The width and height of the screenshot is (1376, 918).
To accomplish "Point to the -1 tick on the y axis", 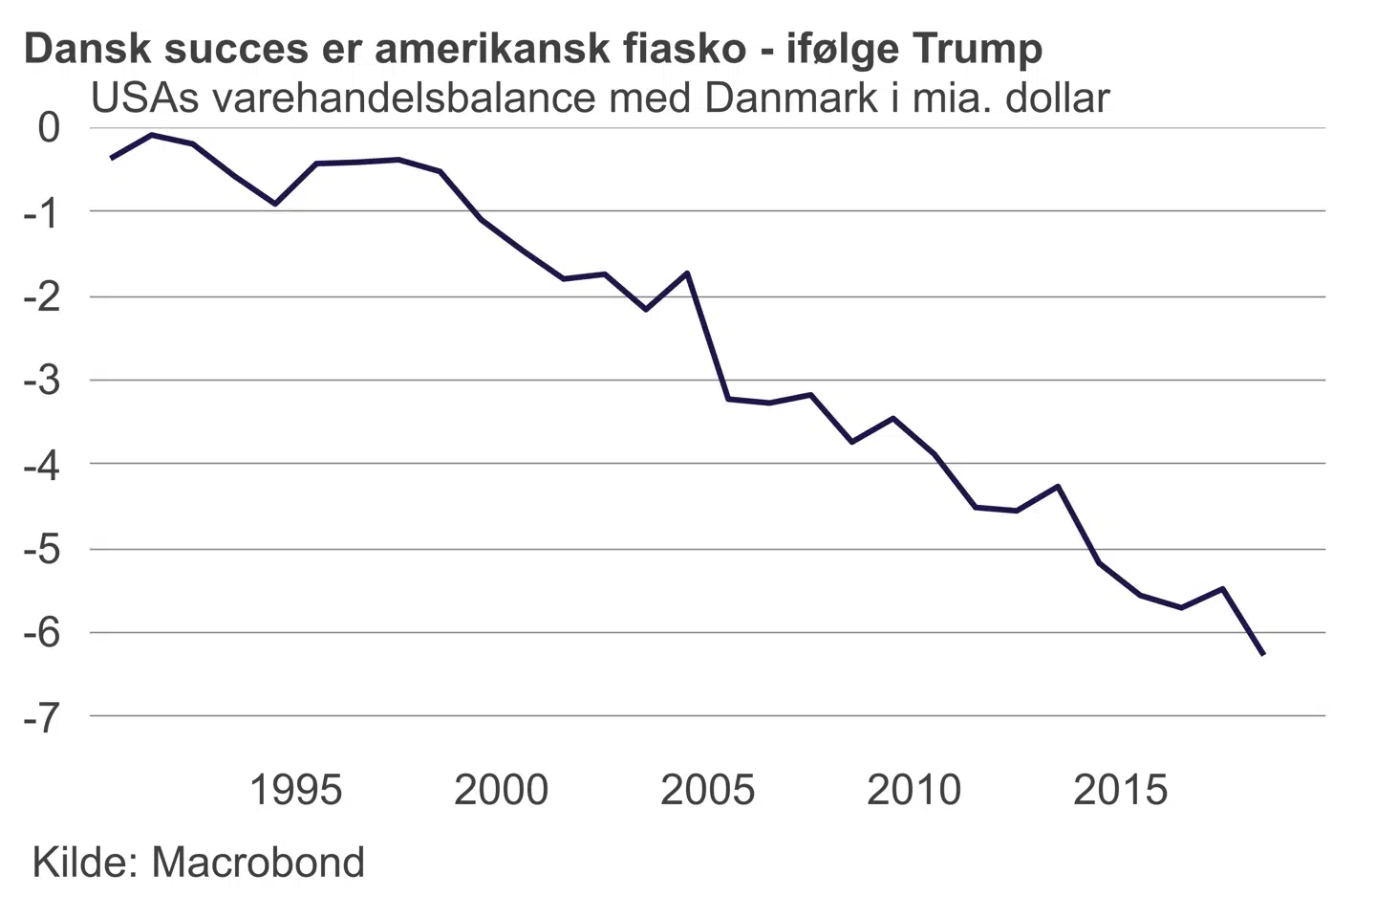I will pos(41,212).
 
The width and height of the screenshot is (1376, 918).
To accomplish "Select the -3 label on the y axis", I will pos(41,381).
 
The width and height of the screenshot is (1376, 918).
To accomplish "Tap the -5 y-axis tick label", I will pos(41,550).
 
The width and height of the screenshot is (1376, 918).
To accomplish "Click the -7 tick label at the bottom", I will pos(41,717).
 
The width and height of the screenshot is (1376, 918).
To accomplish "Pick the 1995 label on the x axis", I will pos(295,790).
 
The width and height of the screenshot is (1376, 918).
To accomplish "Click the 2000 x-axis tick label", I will pos(502,790).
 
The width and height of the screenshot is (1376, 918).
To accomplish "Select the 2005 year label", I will pos(708,790).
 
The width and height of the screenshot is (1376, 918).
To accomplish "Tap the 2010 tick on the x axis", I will pos(914,790).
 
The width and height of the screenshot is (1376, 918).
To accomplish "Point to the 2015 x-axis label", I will pos(1121,790).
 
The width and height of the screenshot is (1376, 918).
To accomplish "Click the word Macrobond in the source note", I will pos(258,863).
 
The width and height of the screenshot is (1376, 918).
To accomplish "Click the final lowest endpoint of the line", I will pos(1264,655).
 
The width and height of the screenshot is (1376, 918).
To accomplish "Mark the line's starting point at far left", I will pos(111,158).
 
